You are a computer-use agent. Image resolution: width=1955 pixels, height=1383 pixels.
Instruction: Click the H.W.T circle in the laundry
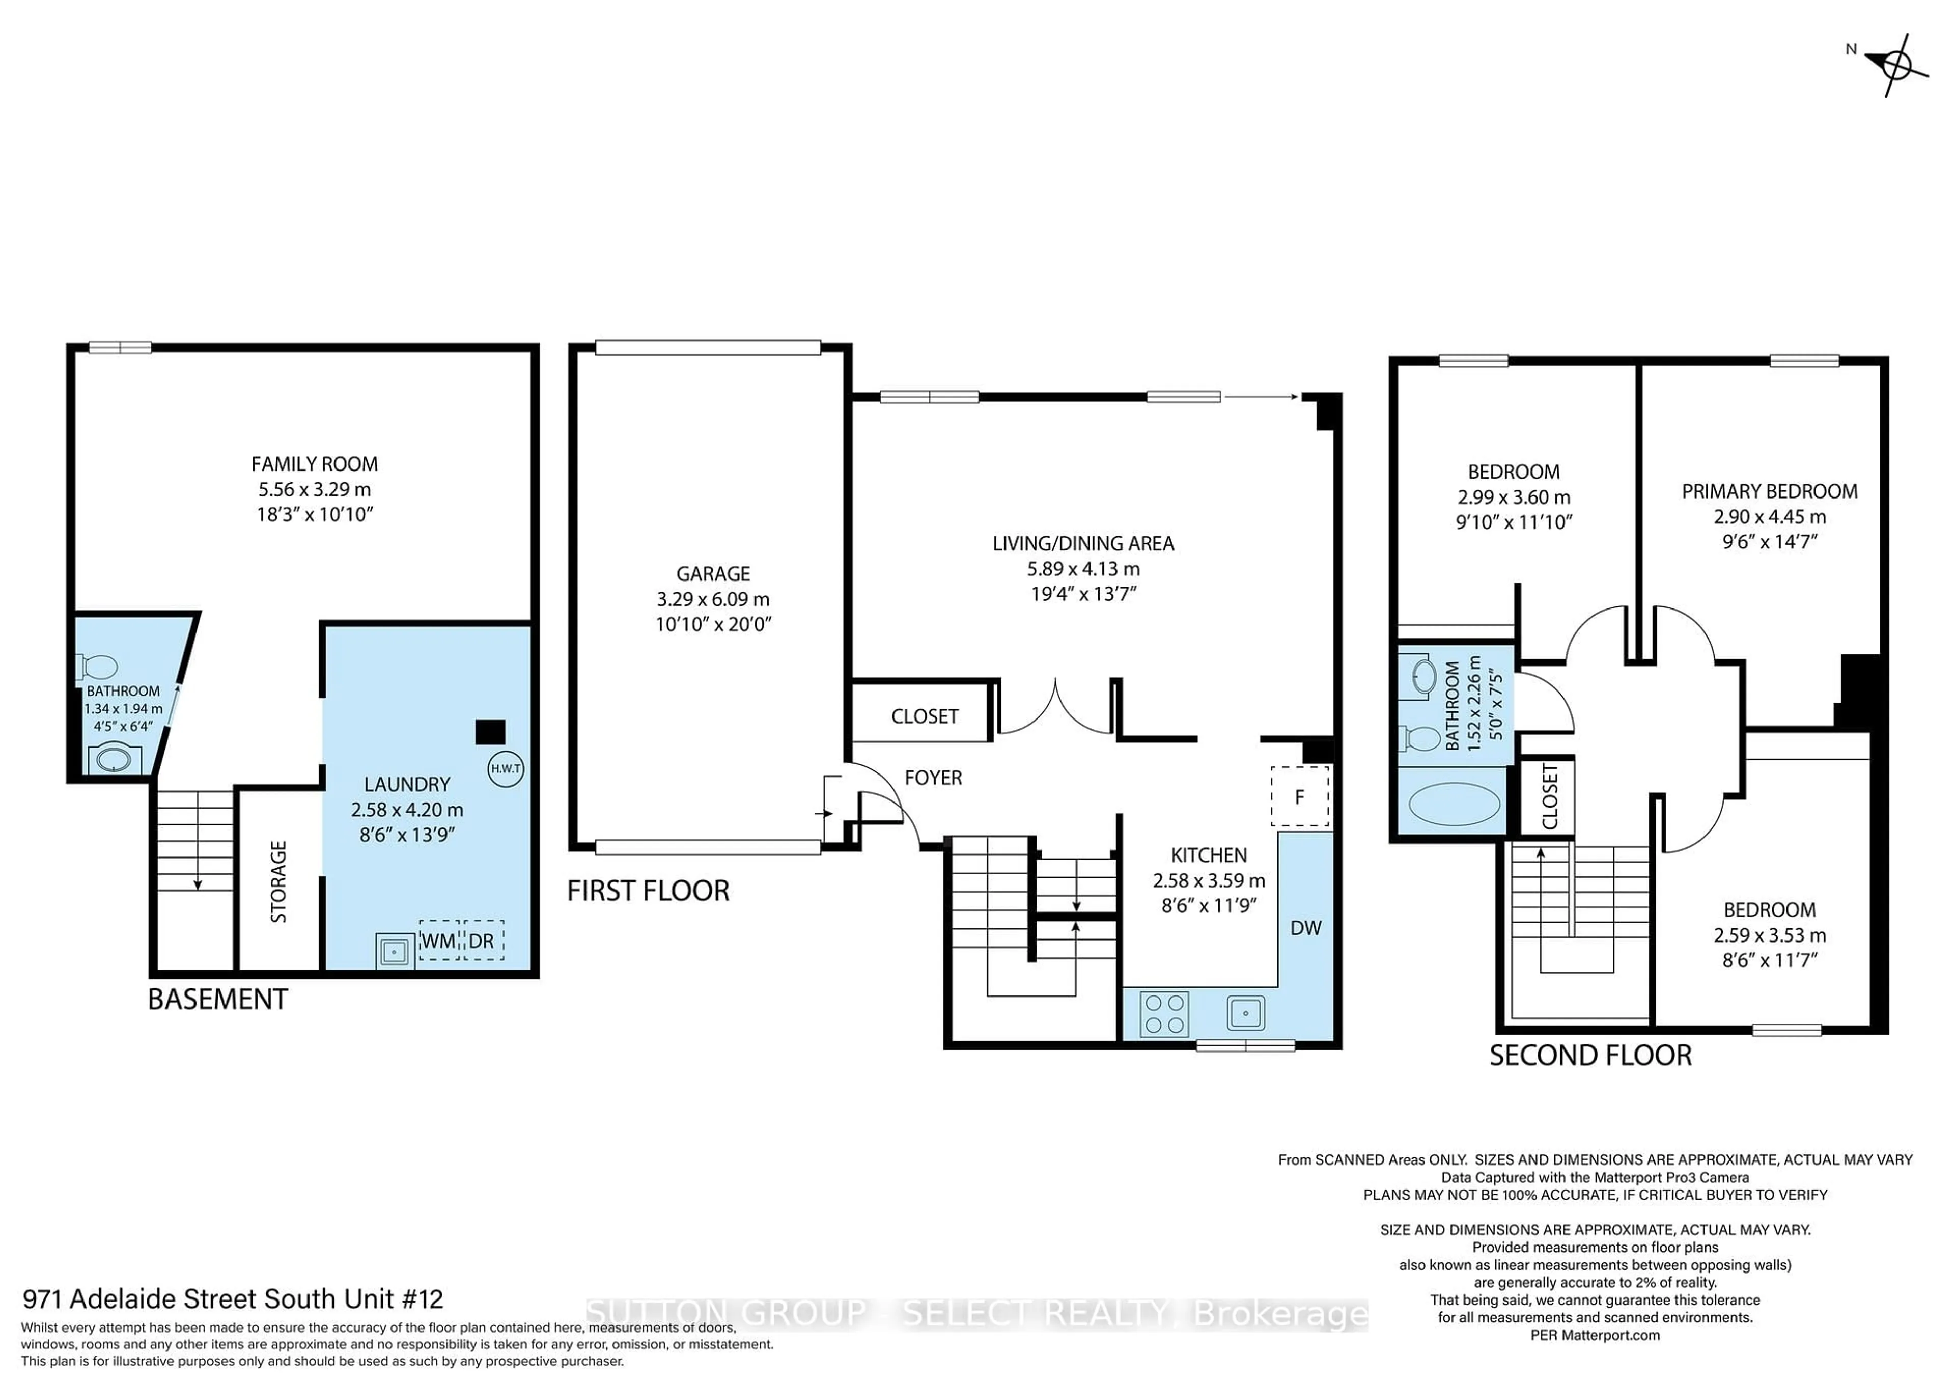click(506, 769)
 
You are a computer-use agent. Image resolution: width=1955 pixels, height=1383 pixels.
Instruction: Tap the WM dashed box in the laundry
click(438, 940)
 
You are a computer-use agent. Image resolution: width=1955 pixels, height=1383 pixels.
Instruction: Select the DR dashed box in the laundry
click(483, 940)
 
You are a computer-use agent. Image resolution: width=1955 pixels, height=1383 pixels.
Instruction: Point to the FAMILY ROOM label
click(314, 464)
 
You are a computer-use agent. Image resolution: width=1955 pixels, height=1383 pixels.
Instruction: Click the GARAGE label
click(713, 574)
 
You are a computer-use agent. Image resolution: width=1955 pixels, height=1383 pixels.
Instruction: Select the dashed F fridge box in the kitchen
click(1299, 796)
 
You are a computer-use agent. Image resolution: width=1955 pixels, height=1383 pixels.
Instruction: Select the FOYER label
click(933, 778)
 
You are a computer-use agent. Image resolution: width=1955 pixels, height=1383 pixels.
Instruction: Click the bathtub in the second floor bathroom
click(1455, 804)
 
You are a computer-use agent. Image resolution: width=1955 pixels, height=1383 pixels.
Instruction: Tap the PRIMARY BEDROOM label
click(1769, 491)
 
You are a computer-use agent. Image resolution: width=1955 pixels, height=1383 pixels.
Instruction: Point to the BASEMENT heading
click(218, 999)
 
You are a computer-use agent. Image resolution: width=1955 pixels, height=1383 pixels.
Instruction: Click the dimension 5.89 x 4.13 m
click(1082, 569)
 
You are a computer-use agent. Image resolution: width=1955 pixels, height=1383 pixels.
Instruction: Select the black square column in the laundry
click(490, 732)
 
